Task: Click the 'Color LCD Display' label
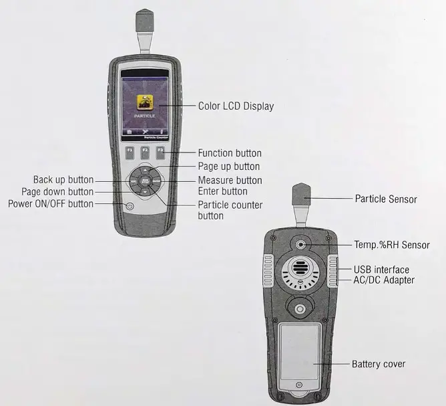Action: pyautogui.click(x=236, y=106)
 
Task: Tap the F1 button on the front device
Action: pyautogui.click(x=129, y=153)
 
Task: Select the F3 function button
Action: pyautogui.click(x=160, y=153)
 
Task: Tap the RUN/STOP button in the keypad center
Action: pyautogui.click(x=144, y=180)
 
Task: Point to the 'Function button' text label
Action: pyautogui.click(x=230, y=154)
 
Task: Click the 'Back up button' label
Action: pyautogui.click(x=63, y=180)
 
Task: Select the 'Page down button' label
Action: pyautogui.click(x=57, y=192)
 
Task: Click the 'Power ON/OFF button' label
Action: pyautogui.click(x=51, y=203)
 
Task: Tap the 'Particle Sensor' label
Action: pyautogui.click(x=386, y=199)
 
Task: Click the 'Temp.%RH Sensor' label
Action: pyautogui.click(x=391, y=245)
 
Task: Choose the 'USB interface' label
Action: pyautogui.click(x=382, y=270)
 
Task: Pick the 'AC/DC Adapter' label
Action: pyautogui.click(x=384, y=280)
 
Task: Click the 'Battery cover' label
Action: pyautogui.click(x=379, y=365)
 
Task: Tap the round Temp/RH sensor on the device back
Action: pyautogui.click(x=302, y=245)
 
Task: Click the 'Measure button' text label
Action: pyautogui.click(x=230, y=181)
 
